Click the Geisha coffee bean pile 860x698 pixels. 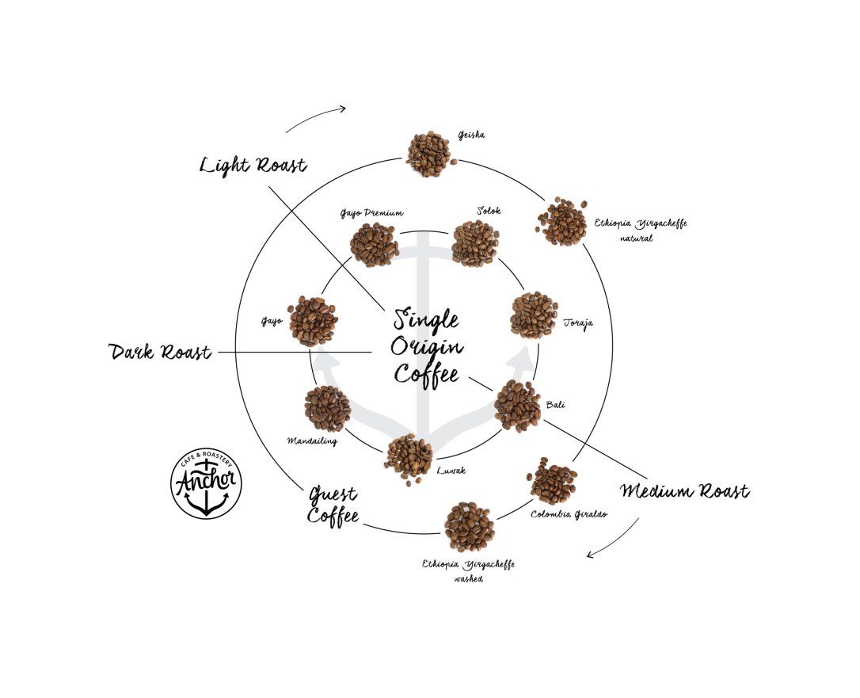[429, 154]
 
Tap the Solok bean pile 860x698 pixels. [475, 243]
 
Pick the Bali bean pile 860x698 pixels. [517, 406]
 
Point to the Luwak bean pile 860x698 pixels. [409, 459]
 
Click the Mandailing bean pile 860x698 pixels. [327, 409]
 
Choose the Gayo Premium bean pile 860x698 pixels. [375, 245]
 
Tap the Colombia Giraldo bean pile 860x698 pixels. [553, 481]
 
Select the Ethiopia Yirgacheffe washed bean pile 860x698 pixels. [470, 526]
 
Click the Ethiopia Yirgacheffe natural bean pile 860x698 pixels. [561, 221]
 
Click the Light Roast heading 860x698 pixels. [253, 165]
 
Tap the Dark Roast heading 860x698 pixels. [160, 352]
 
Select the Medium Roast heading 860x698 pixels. [684, 490]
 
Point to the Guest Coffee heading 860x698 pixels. [333, 505]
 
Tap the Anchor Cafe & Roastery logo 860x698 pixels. [206, 483]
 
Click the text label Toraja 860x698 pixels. [578, 323]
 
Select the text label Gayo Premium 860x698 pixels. [372, 213]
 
